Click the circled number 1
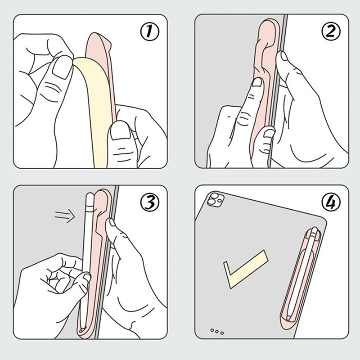coord(149,31)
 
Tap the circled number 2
coord(331,31)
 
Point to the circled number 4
coord(331,202)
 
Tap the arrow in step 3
coord(65,216)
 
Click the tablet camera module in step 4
coord(215,199)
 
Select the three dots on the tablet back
coord(217,331)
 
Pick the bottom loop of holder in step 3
coord(85,331)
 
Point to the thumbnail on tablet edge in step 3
coord(112,223)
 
